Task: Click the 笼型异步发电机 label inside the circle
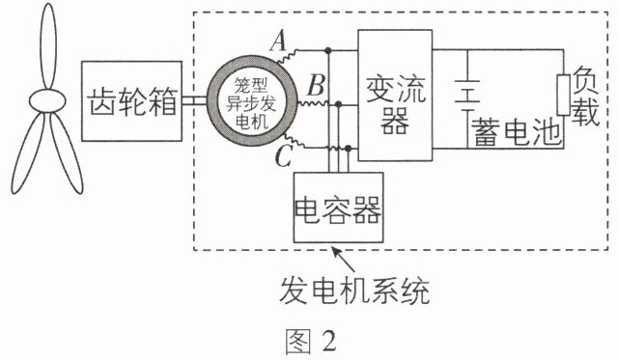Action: (251, 103)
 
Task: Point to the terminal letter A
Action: (279, 42)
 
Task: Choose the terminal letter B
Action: (317, 86)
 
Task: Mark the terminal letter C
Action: (283, 156)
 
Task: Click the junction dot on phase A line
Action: (328, 50)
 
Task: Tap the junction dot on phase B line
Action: (338, 104)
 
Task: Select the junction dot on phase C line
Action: (348, 149)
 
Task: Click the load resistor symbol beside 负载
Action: (564, 95)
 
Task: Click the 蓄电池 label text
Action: (517, 131)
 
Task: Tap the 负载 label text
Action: (586, 96)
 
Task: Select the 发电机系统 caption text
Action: (354, 291)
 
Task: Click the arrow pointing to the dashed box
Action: (344, 259)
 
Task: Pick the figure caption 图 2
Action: (311, 341)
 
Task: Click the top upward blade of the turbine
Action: (48, 46)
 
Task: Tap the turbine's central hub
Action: (47, 100)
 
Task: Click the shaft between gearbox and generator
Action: (195, 101)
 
